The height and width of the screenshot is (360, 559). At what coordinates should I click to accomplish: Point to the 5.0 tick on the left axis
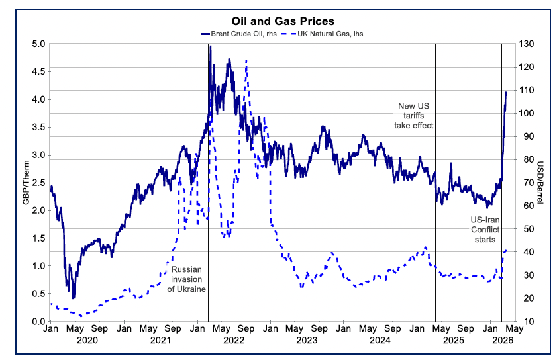tap(38, 44)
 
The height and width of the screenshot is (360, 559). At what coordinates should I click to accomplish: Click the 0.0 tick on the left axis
tap(38, 322)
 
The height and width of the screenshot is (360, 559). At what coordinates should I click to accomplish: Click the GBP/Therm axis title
tap(26, 183)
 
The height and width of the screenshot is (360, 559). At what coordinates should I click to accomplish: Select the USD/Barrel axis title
tap(540, 183)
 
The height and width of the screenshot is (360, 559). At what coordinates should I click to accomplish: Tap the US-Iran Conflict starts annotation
tap(482, 228)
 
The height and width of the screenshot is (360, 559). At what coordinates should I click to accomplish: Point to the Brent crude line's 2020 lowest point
tap(74, 298)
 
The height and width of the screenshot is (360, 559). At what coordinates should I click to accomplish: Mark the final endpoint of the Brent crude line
tap(506, 92)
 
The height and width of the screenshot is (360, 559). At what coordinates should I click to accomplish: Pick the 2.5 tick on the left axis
tap(38, 183)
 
